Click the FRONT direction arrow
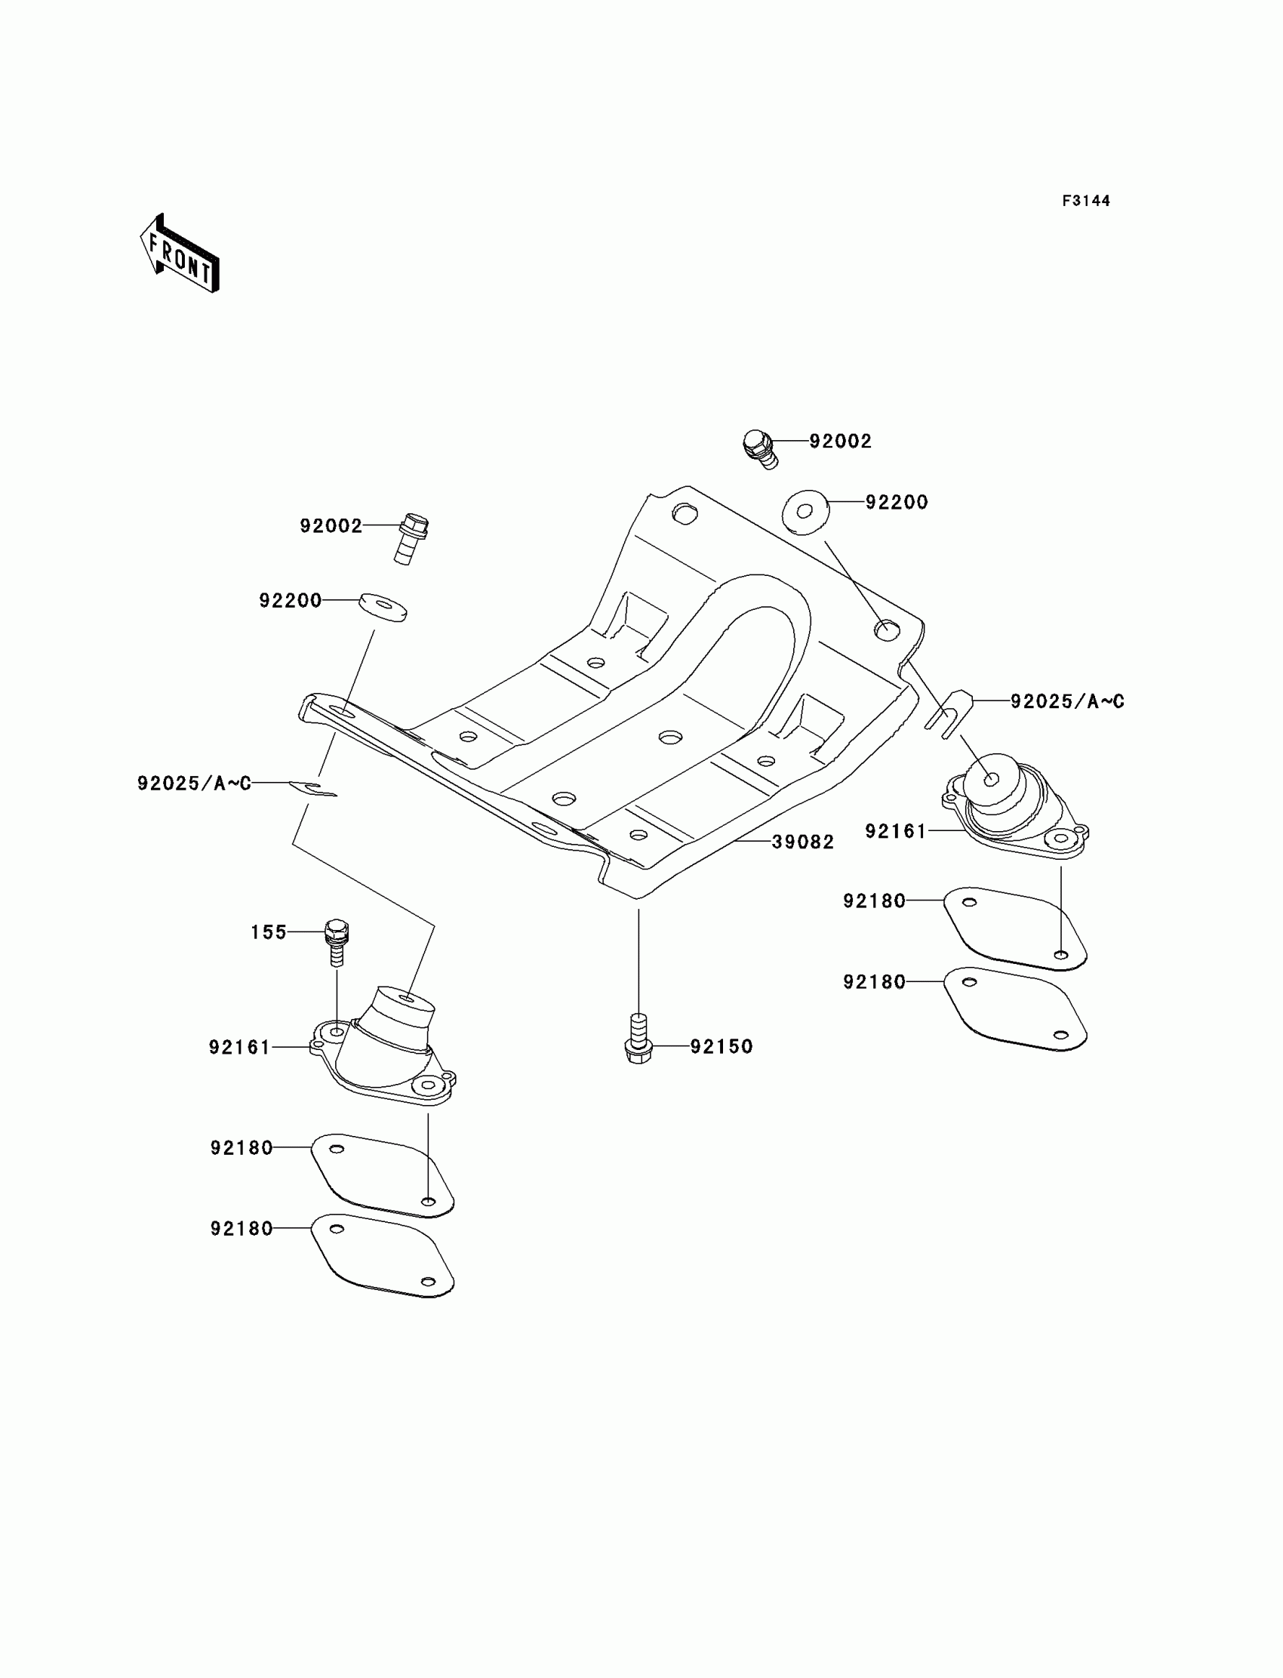tap(180, 255)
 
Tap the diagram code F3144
tap(1085, 201)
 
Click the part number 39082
tap(803, 842)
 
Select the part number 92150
tap(721, 1046)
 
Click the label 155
tap(269, 931)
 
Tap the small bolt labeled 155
tap(337, 941)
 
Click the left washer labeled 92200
tap(383, 606)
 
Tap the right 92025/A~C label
tap(1067, 701)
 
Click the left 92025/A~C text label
tap(194, 783)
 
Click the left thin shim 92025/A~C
tap(313, 788)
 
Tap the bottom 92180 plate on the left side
tap(383, 1254)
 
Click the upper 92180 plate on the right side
tap(1015, 928)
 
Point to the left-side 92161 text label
tap(240, 1047)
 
